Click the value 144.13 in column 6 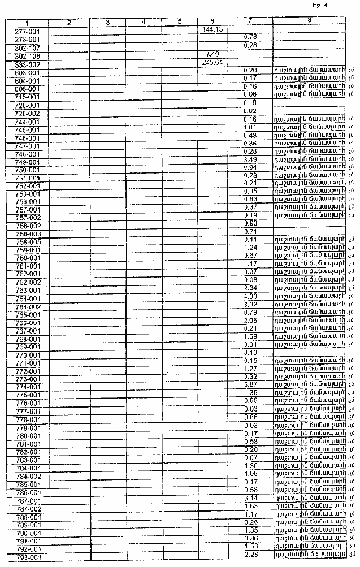(212, 29)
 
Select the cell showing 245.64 (212, 62)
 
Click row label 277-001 (27, 32)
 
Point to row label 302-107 (27, 48)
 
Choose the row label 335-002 (27, 64)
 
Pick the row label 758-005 (27, 241)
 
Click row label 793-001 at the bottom (27, 557)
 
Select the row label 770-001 (27, 354)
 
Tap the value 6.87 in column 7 (250, 384)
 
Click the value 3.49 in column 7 (250, 159)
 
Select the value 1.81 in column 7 (250, 127)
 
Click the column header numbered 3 (107, 22)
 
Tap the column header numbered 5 (179, 21)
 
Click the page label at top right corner (320, 6)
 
